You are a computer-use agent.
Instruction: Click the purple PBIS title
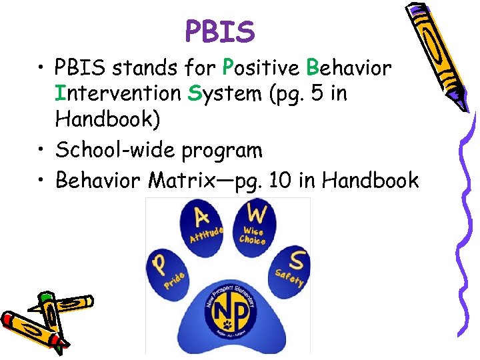tap(220, 31)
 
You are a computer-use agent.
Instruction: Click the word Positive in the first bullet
tap(261, 68)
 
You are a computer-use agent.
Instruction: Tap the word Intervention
tap(117, 93)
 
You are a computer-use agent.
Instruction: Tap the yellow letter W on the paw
tap(255, 213)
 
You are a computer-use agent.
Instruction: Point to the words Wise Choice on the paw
tap(252, 235)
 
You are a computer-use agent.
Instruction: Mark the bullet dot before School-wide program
tap(41, 150)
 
